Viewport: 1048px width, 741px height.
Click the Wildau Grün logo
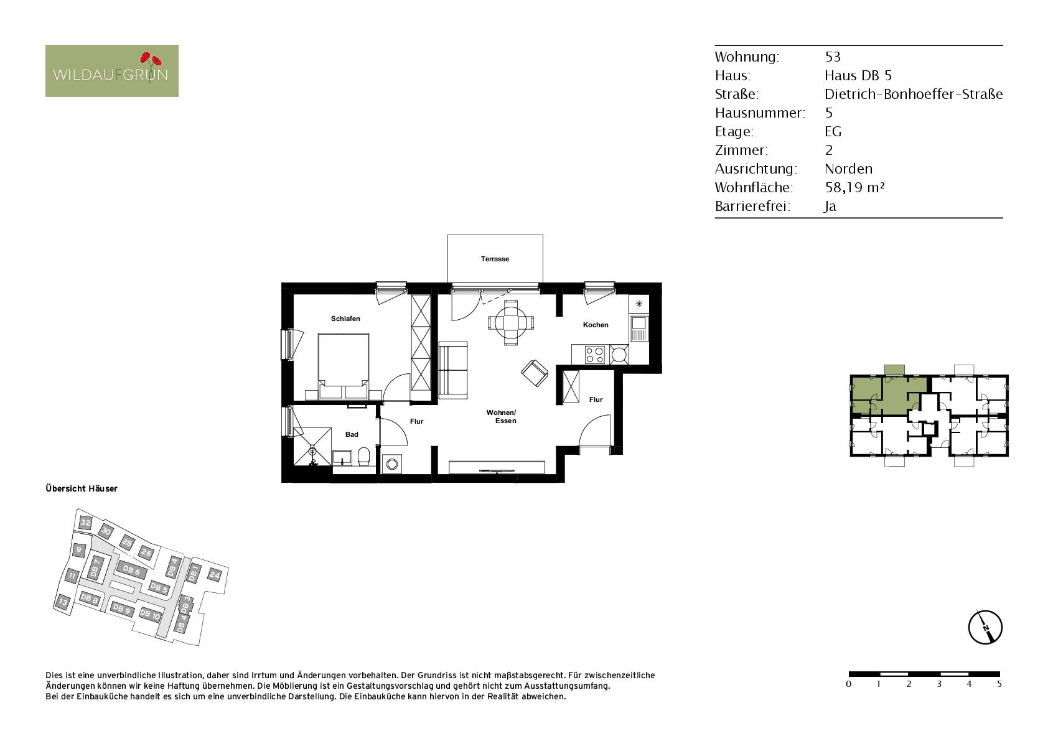[112, 71]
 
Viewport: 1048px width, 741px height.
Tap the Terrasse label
[495, 259]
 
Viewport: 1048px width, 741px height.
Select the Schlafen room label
[345, 319]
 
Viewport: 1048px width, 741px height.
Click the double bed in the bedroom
[344, 365]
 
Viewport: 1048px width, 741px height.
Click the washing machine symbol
[392, 464]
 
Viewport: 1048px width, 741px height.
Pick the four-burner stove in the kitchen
[594, 354]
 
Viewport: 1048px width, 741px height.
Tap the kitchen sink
[639, 329]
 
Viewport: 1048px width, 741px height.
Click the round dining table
[511, 323]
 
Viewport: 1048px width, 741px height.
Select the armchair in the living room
[535, 373]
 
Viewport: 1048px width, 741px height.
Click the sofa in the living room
[453, 371]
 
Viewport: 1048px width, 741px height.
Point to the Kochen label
[596, 325]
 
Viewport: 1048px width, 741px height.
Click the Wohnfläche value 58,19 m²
[855, 188]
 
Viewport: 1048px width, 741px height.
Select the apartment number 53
[833, 57]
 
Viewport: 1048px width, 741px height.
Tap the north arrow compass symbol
[985, 627]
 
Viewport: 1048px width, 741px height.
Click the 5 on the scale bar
[999, 684]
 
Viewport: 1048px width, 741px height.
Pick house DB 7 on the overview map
[95, 567]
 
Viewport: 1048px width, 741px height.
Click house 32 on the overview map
[85, 523]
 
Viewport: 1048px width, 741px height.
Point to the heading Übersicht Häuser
[82, 488]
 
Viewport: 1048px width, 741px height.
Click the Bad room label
[352, 434]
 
